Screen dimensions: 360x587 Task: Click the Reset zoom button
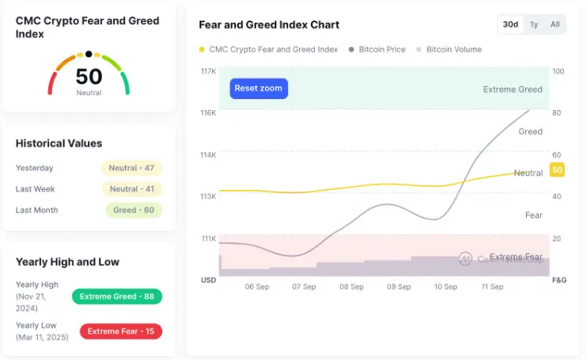click(x=259, y=89)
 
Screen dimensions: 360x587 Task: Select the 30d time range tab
click(x=510, y=25)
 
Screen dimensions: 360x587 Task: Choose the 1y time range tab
click(x=534, y=25)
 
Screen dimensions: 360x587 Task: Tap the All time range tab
click(x=555, y=25)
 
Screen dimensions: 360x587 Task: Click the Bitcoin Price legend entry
click(x=377, y=50)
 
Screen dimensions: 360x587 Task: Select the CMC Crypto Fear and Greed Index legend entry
click(x=269, y=50)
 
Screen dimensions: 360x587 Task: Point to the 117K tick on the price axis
click(x=209, y=71)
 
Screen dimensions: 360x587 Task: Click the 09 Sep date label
click(x=399, y=287)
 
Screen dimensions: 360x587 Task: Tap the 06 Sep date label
click(x=257, y=287)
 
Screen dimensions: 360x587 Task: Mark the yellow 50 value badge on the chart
click(x=557, y=170)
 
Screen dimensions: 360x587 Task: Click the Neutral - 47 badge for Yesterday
click(x=131, y=168)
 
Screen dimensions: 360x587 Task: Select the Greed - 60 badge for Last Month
click(x=134, y=210)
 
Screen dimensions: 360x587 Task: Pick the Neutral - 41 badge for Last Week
click(x=131, y=189)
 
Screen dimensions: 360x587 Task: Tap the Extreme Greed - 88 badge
click(x=117, y=297)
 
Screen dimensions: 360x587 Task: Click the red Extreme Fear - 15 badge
click(x=120, y=332)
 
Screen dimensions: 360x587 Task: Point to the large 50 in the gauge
click(x=89, y=77)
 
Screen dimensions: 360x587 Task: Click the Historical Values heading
click(x=59, y=144)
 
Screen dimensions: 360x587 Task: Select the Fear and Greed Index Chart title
click(x=269, y=25)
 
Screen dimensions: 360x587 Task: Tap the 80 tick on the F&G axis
click(x=557, y=113)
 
